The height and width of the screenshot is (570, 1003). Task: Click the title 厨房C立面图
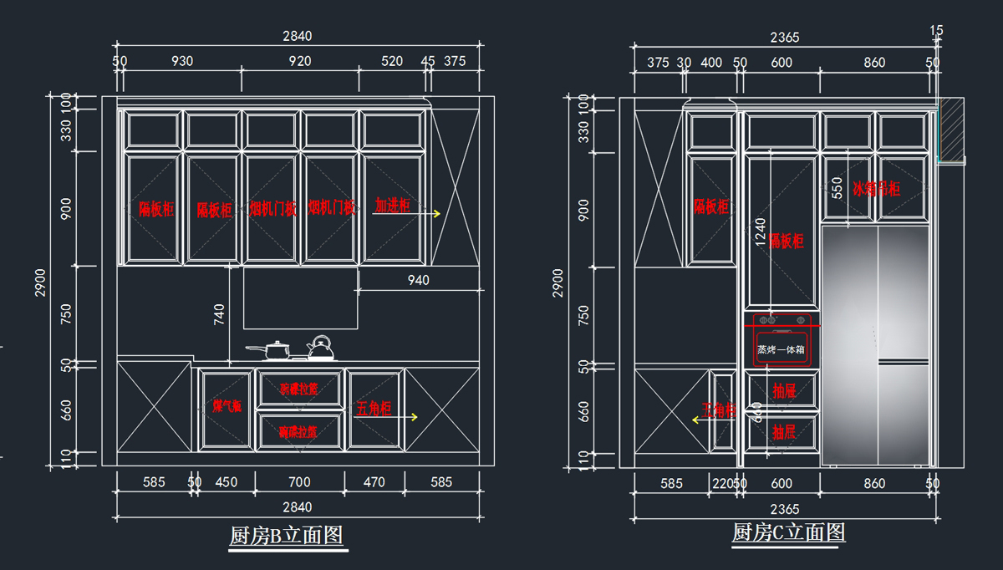pyautogui.click(x=788, y=532)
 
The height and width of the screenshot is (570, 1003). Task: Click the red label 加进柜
pyautogui.click(x=392, y=205)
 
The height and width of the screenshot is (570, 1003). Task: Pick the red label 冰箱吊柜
pyautogui.click(x=876, y=189)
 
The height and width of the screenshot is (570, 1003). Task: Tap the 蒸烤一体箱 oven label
pyautogui.click(x=781, y=349)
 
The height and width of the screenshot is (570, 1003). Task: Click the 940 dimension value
pyautogui.click(x=418, y=280)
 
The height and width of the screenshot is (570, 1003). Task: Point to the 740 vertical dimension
pyautogui.click(x=219, y=315)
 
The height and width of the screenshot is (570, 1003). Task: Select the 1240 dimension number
pyautogui.click(x=760, y=231)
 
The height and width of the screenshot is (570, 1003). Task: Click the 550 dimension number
pyautogui.click(x=837, y=188)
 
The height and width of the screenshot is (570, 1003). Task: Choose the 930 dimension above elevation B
pyautogui.click(x=181, y=61)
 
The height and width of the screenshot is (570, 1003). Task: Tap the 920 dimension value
pyautogui.click(x=300, y=61)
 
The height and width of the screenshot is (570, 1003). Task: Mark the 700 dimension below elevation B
pyautogui.click(x=299, y=482)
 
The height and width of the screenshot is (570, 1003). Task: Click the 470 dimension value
pyautogui.click(x=374, y=482)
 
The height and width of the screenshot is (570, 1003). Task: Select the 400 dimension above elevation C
pyautogui.click(x=711, y=63)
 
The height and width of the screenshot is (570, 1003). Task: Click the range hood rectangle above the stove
pyautogui.click(x=301, y=298)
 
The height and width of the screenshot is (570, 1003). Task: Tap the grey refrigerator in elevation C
pyautogui.click(x=876, y=343)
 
